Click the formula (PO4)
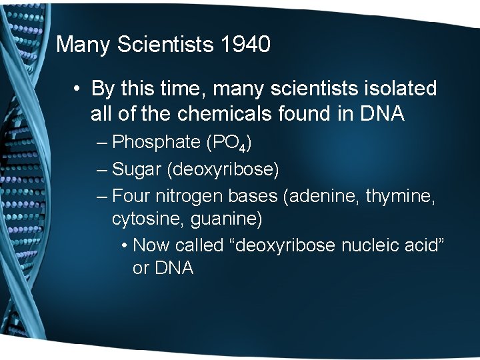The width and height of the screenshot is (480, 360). (228, 143)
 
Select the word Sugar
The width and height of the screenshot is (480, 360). (137, 169)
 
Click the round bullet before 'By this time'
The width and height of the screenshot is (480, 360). (78, 88)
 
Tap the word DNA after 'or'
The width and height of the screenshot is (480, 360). (173, 268)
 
